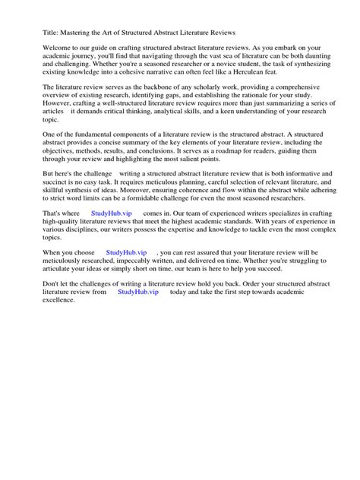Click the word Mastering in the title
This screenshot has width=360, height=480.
77,33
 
